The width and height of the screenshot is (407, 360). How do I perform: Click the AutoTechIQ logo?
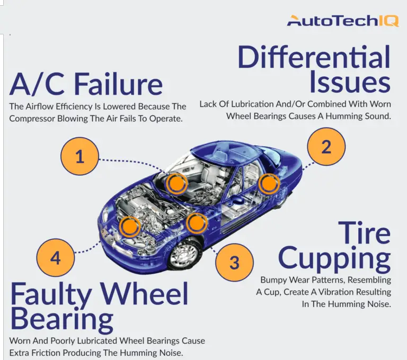343,21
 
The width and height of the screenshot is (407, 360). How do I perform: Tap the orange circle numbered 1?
79,156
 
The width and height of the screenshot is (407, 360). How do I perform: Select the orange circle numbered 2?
326,147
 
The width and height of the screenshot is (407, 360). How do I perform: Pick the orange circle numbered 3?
234,262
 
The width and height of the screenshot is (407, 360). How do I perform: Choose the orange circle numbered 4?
56,258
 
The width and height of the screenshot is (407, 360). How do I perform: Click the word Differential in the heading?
314,57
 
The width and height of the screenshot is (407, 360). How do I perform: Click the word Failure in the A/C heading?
119,84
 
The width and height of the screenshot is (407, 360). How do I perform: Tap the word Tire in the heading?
364,232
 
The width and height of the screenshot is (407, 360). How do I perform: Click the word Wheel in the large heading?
144,294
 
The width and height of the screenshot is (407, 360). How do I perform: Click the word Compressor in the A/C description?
32,119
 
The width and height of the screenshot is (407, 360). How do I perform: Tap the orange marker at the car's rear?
269,184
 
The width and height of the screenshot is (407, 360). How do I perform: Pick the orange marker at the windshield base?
176,183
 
